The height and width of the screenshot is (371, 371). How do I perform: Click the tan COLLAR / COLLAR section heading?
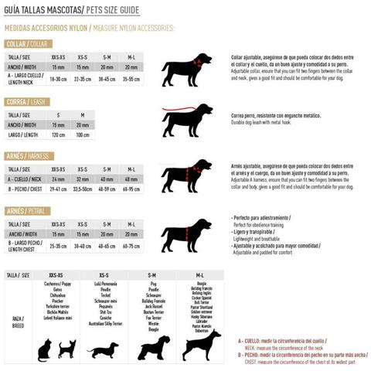[28, 44]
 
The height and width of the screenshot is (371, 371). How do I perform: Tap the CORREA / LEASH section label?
[27, 101]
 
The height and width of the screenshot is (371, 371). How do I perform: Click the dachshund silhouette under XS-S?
[102, 351]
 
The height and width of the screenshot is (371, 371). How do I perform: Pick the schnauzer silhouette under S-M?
[153, 347]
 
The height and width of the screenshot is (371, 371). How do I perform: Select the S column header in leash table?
[59, 114]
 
